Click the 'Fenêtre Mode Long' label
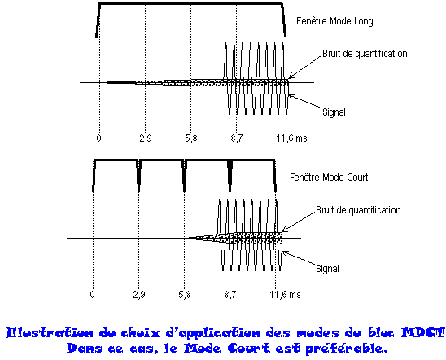coord(334,21)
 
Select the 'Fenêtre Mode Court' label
coord(329,178)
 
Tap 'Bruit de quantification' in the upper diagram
coord(365,54)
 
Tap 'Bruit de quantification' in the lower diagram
coord(358,210)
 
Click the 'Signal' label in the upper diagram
coord(334,112)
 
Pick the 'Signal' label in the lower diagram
coord(327,269)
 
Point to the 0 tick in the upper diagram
coord(98,138)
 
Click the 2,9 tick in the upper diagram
coord(146,138)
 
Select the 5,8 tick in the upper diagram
coord(191,138)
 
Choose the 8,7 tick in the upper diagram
coord(237,138)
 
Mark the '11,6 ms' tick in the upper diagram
coord(291,138)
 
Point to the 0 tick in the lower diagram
coord(92,295)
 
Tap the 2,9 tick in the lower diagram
coord(139,295)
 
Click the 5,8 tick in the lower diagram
coord(185,295)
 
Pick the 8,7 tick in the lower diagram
coord(230,295)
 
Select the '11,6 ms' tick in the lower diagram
coord(285,295)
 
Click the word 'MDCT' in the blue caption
coord(423,332)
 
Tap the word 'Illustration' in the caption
coord(50,332)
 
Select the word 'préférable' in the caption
coord(346,349)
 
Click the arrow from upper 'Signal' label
coord(305,101)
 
